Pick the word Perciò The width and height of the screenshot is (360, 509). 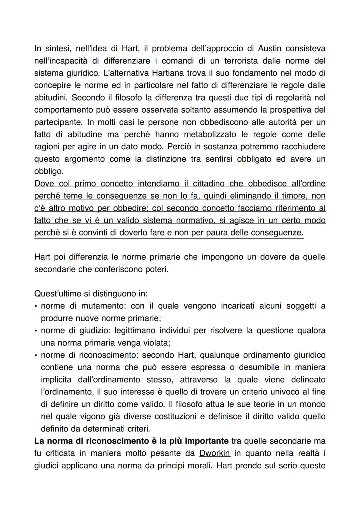click(x=179, y=147)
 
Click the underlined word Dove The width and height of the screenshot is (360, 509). click(x=44, y=184)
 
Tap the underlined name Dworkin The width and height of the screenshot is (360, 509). click(x=215, y=453)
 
